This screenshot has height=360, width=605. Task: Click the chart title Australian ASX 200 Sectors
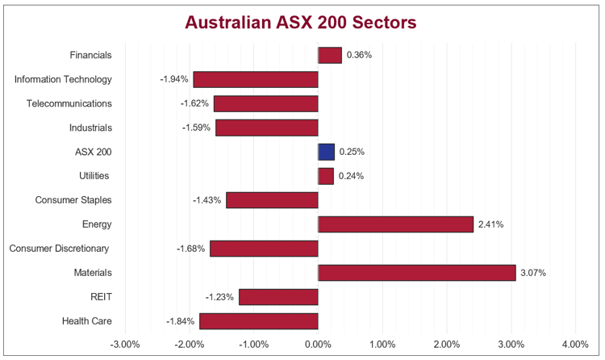(x=301, y=23)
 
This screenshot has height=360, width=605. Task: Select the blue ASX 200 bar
(x=326, y=152)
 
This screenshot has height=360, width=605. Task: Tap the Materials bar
(x=417, y=273)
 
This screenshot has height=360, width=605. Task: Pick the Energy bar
(x=395, y=224)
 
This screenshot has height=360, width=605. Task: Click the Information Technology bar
(x=256, y=79)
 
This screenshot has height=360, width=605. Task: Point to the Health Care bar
(x=259, y=321)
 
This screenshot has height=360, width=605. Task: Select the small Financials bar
(x=330, y=55)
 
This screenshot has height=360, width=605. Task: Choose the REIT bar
(x=278, y=297)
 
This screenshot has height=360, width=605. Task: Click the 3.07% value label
(x=533, y=273)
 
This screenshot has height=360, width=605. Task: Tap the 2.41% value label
(x=491, y=224)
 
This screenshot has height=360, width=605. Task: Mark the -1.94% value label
(x=174, y=79)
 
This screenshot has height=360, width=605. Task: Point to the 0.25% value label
(x=352, y=152)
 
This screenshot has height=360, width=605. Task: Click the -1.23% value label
(x=219, y=297)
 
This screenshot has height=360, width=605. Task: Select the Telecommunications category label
(x=69, y=103)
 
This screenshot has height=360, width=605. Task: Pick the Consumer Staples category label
(x=73, y=200)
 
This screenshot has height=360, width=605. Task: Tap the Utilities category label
(x=95, y=176)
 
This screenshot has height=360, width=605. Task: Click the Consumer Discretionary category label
(x=59, y=249)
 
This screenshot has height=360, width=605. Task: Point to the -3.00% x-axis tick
(x=125, y=345)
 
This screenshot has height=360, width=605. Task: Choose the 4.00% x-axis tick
(x=575, y=345)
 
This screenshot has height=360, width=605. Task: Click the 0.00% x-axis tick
(x=318, y=345)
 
